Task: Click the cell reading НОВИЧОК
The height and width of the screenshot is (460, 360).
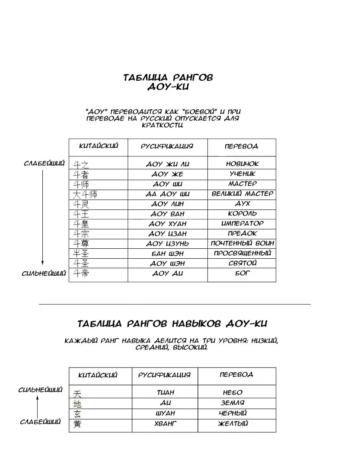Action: coord(242,164)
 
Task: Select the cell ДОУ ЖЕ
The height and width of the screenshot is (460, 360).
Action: coord(167,174)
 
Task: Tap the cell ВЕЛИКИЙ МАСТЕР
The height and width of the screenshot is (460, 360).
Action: coord(242,194)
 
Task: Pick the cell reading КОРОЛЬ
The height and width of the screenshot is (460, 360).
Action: coord(242,213)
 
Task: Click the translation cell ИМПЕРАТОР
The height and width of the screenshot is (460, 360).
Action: coord(242,224)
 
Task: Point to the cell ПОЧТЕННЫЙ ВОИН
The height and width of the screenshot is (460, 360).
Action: coord(242,244)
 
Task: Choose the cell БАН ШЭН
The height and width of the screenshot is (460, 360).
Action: coord(167,254)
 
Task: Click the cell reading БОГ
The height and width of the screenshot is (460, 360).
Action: coord(242,273)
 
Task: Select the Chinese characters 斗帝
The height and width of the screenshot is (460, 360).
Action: coord(80,273)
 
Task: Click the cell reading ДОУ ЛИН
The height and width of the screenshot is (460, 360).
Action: coord(167,204)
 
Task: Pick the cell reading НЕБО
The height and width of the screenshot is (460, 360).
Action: coord(233,393)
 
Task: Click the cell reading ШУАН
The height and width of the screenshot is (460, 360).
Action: coord(165,413)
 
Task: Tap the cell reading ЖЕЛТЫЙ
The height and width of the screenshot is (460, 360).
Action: coord(233,424)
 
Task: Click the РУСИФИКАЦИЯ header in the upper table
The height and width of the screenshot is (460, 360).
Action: coord(167,146)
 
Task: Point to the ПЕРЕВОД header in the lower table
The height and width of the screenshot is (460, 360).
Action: coord(236,375)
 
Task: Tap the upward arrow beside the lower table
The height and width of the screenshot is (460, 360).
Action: coord(38,406)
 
